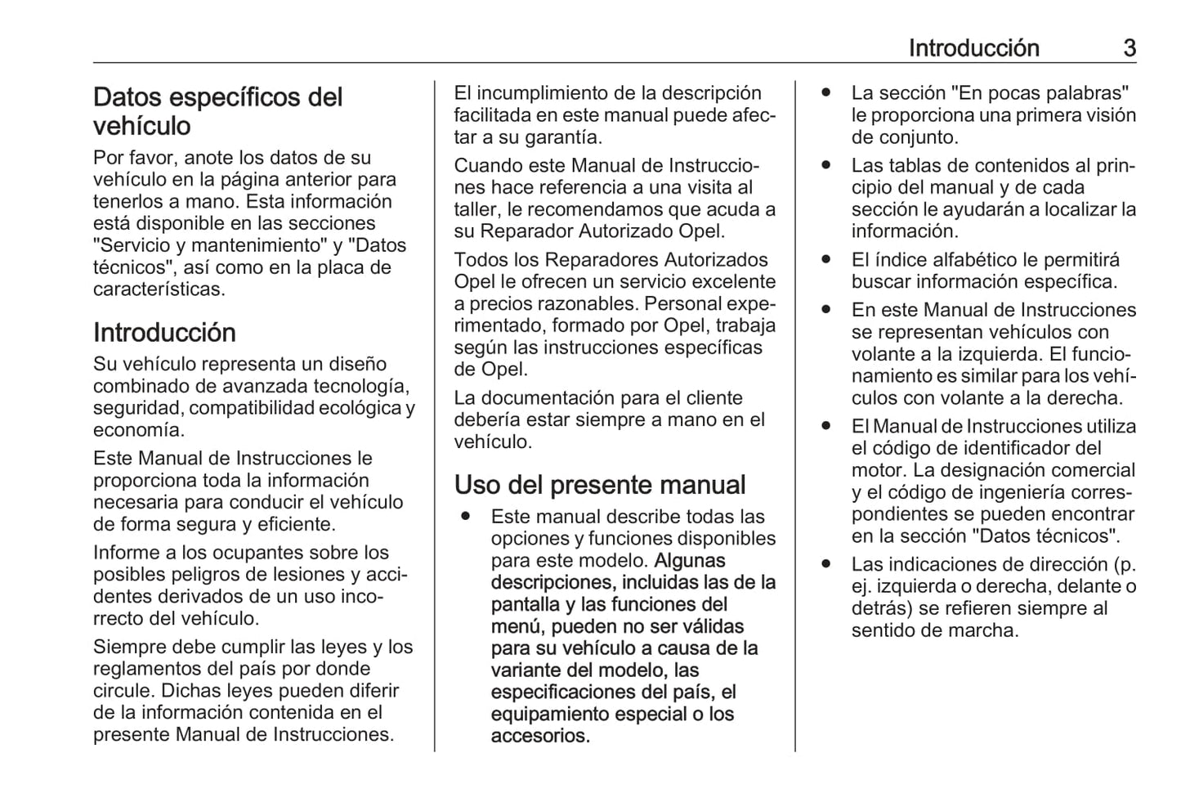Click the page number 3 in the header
pyautogui.click(x=1129, y=48)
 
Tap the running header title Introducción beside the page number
pyautogui.click(x=973, y=48)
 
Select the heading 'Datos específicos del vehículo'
pyautogui.click(x=217, y=111)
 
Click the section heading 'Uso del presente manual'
pyautogui.click(x=600, y=485)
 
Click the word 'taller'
pyautogui.click(x=477, y=209)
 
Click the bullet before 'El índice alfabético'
pyautogui.click(x=826, y=260)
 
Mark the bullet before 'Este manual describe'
pyautogui.click(x=465, y=517)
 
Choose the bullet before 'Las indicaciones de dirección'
pyautogui.click(x=826, y=564)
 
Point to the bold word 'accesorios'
pyautogui.click(x=539, y=736)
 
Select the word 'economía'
pyautogui.click(x=138, y=430)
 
